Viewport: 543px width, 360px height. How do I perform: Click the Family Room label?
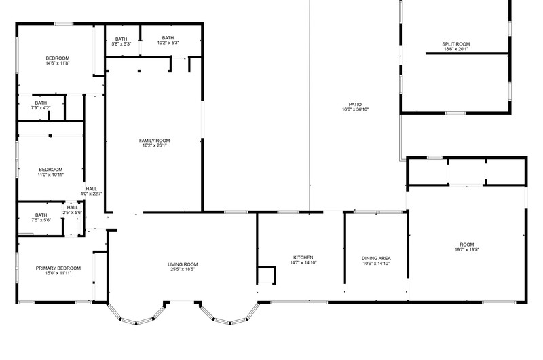[155, 141]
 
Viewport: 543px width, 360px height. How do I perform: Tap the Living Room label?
[183, 264]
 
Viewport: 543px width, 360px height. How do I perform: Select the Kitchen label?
[303, 257]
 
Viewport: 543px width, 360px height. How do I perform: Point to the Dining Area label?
[376, 259]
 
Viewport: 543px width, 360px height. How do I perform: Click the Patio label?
[355, 105]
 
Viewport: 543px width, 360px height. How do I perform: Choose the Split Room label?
[455, 44]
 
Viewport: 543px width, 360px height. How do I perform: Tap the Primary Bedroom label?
[58, 268]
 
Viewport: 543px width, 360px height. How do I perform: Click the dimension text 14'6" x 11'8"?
[58, 63]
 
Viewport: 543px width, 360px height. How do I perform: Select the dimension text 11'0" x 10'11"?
[50, 175]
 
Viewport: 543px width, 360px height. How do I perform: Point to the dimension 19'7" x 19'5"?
[467, 249]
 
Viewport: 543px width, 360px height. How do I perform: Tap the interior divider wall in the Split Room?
[467, 54]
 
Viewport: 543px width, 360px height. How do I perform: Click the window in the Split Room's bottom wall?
[455, 113]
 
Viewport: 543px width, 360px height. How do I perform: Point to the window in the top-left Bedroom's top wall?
[64, 24]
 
